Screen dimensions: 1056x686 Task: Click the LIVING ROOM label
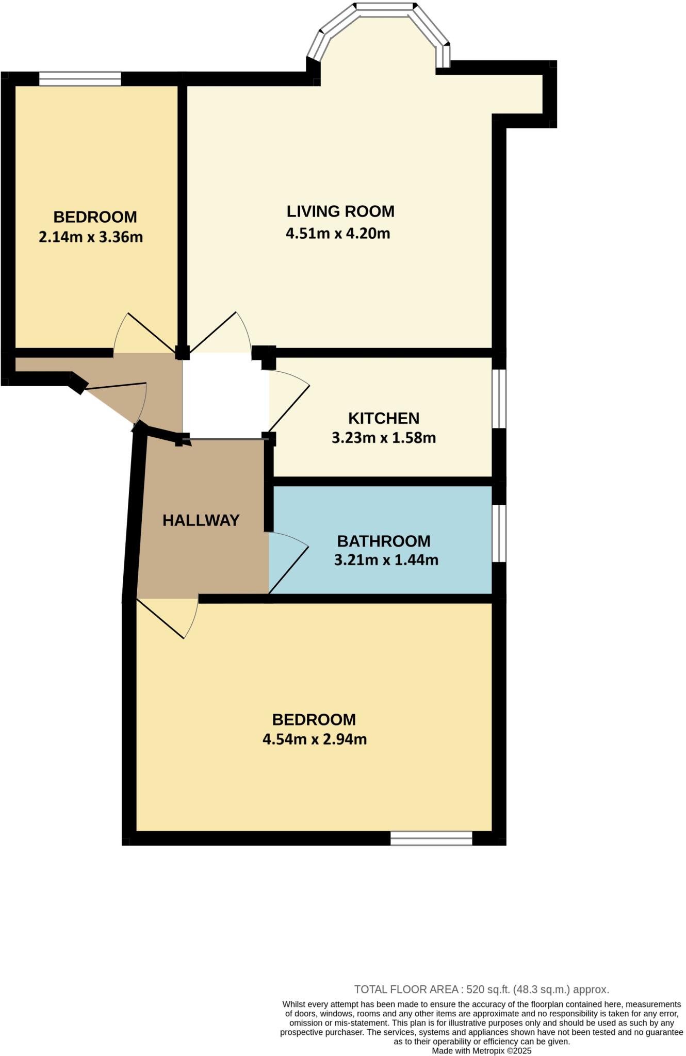[340, 211]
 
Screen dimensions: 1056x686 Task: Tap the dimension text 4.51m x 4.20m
[338, 233]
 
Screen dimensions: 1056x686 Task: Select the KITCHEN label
[383, 418]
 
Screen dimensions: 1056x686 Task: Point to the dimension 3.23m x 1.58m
[383, 438]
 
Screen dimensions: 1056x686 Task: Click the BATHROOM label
[383, 541]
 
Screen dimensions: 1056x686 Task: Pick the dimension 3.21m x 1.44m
[386, 559]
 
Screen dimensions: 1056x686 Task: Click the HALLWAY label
[201, 520]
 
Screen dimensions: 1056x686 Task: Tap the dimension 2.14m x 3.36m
[91, 237]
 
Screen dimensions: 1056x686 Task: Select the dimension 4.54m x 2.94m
[315, 739]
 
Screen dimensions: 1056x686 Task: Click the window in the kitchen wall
[499, 398]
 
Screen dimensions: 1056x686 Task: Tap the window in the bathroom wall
[499, 533]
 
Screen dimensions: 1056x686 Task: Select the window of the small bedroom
[80, 79]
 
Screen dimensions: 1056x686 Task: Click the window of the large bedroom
[431, 838]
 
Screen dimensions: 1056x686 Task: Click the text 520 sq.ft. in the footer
[488, 989]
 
